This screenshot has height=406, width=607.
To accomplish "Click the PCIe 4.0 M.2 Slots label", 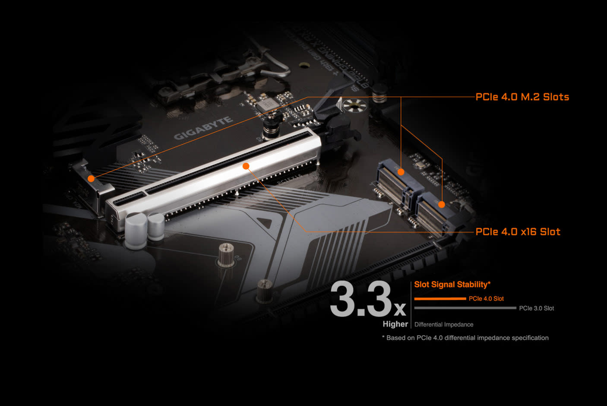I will pyautogui.click(x=522, y=97).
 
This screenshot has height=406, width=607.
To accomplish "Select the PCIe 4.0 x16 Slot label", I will pyautogui.click(x=518, y=232).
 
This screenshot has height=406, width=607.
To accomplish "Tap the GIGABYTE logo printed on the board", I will pyautogui.click(x=203, y=128).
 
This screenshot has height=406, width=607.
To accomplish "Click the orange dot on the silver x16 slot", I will pyautogui.click(x=246, y=166).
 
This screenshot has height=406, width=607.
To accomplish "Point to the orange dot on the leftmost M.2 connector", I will pyautogui.click(x=91, y=178).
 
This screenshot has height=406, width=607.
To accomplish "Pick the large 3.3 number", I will pyautogui.click(x=360, y=299).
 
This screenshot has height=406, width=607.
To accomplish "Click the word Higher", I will pyautogui.click(x=395, y=324).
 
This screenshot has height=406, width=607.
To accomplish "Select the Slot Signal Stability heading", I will pyautogui.click(x=452, y=284).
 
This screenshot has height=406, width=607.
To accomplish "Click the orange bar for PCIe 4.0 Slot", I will pyautogui.click(x=440, y=298).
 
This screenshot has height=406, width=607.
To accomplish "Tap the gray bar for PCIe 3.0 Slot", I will pyautogui.click(x=465, y=308).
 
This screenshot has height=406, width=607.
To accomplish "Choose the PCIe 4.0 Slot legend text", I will pyautogui.click(x=486, y=298).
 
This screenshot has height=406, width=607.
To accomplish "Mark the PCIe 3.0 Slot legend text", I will pyautogui.click(x=536, y=308).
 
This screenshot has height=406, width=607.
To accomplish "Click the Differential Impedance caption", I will pyautogui.click(x=443, y=324).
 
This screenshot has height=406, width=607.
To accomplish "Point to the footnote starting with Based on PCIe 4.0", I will pyautogui.click(x=465, y=338).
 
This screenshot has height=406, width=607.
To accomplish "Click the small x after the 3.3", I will pyautogui.click(x=400, y=309).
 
